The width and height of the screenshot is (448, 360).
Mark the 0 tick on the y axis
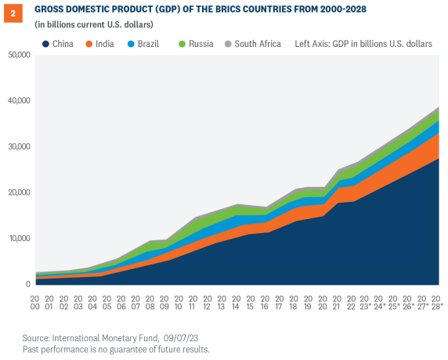click(x=27, y=284)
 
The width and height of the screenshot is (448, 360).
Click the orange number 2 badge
click(x=12, y=11)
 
